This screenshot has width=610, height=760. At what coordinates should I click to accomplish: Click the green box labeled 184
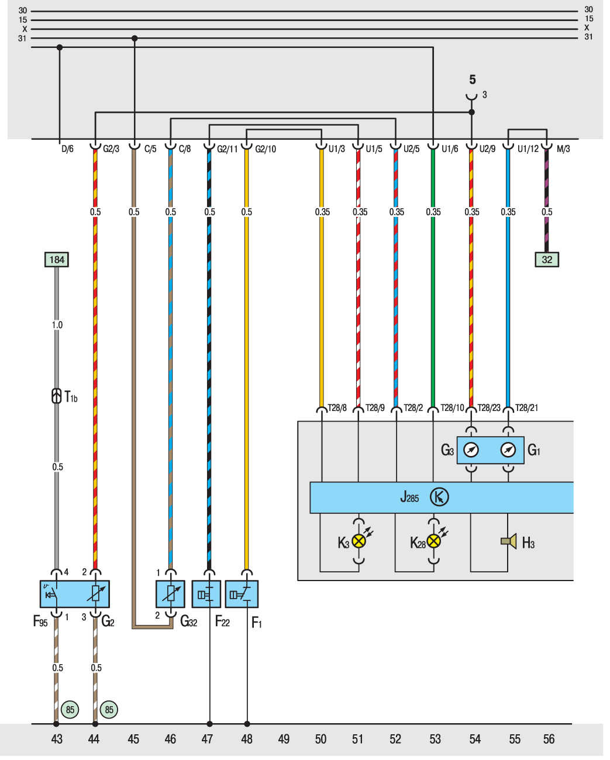pyautogui.click(x=57, y=260)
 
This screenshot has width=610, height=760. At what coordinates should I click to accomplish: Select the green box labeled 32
pyautogui.click(x=546, y=260)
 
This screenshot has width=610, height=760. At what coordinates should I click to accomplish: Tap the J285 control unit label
pyautogui.click(x=409, y=498)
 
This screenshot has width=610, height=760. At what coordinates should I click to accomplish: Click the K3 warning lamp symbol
pyautogui.click(x=359, y=541)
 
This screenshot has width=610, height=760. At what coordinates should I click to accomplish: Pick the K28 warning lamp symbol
pyautogui.click(x=433, y=541)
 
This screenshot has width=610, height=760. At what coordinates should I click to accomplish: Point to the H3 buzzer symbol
pyautogui.click(x=509, y=541)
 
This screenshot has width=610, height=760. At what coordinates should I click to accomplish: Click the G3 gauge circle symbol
pyautogui.click(x=471, y=450)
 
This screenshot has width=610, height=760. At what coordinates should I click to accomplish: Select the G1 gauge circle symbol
pyautogui.click(x=508, y=450)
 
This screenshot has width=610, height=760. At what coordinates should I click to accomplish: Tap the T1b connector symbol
pyautogui.click(x=57, y=396)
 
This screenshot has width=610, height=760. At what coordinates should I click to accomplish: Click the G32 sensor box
pyautogui.click(x=170, y=594)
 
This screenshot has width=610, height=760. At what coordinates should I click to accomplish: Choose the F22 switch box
pyautogui.click(x=206, y=594)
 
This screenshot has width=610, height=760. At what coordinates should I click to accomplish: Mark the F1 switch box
pyautogui.click(x=242, y=594)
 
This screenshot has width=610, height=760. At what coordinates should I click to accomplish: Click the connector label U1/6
pyautogui.click(x=450, y=149)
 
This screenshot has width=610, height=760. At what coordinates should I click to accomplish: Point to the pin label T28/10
pyautogui.click(x=452, y=408)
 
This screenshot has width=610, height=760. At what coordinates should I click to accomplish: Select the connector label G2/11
pyautogui.click(x=228, y=149)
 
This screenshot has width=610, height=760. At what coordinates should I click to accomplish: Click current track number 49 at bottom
pyautogui.click(x=284, y=739)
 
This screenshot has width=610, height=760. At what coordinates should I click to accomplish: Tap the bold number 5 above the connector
pyautogui.click(x=473, y=80)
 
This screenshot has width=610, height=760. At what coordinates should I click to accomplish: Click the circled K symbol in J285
pyautogui.click(x=439, y=498)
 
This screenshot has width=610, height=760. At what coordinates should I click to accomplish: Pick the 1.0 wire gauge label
pyautogui.click(x=57, y=325)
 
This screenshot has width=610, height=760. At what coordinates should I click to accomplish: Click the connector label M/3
pyautogui.click(x=563, y=149)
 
